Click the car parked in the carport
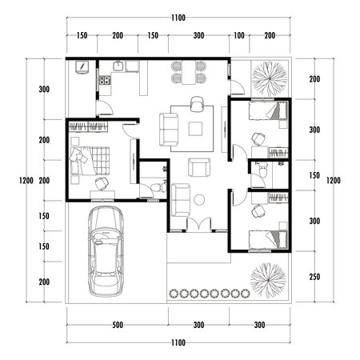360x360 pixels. tap(106, 249)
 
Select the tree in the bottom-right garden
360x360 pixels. tap(266, 277)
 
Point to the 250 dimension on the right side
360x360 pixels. tap(314, 277)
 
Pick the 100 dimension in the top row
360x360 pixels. tap(239, 36)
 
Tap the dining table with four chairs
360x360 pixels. tap(186, 74)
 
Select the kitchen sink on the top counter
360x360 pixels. tap(119, 67)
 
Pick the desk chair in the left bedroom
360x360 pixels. tap(102, 183)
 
